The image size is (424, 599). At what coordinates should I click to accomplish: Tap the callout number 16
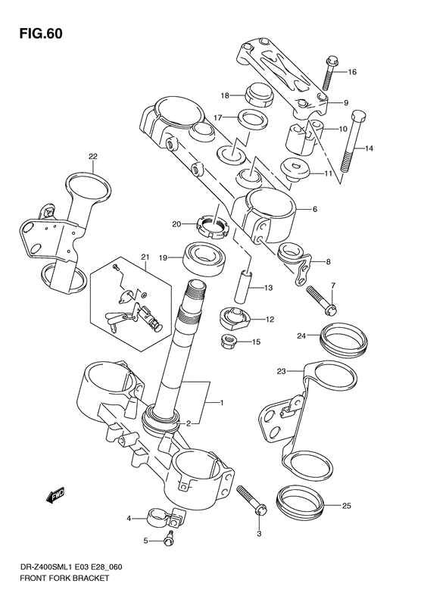[351, 73]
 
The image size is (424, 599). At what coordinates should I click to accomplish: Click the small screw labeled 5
[168, 541]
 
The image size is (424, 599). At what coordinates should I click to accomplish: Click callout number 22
[92, 158]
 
